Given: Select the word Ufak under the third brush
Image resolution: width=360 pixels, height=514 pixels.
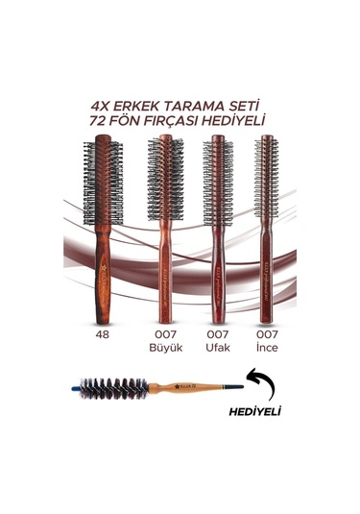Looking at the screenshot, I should (218, 347).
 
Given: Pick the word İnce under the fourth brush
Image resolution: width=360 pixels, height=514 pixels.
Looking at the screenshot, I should (266, 347).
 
